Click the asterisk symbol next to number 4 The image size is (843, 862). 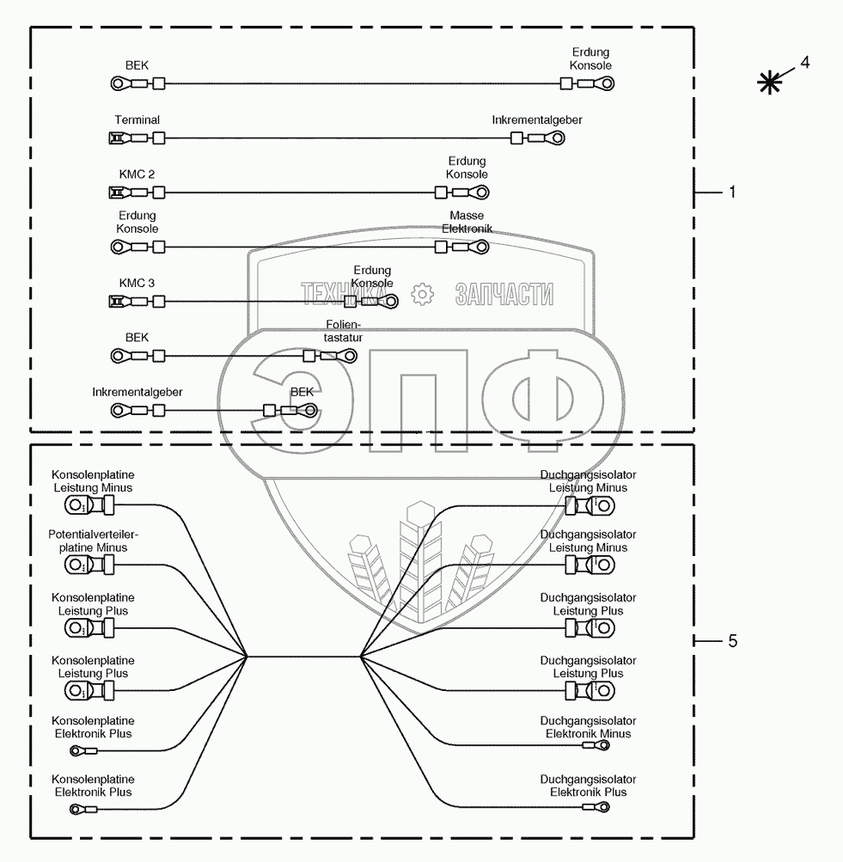769,83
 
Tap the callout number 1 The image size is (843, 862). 732,193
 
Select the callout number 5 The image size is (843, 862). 732,641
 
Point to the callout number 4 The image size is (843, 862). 804,62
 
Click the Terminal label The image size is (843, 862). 137,119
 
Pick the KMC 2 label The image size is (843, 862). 137,174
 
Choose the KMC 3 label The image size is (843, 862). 137,283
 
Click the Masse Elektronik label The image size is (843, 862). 467,222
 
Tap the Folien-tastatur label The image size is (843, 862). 343,331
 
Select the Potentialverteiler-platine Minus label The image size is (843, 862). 93,541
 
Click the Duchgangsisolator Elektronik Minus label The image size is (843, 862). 588,727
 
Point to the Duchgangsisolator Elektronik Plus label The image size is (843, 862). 588,786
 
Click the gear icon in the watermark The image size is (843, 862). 422,294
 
